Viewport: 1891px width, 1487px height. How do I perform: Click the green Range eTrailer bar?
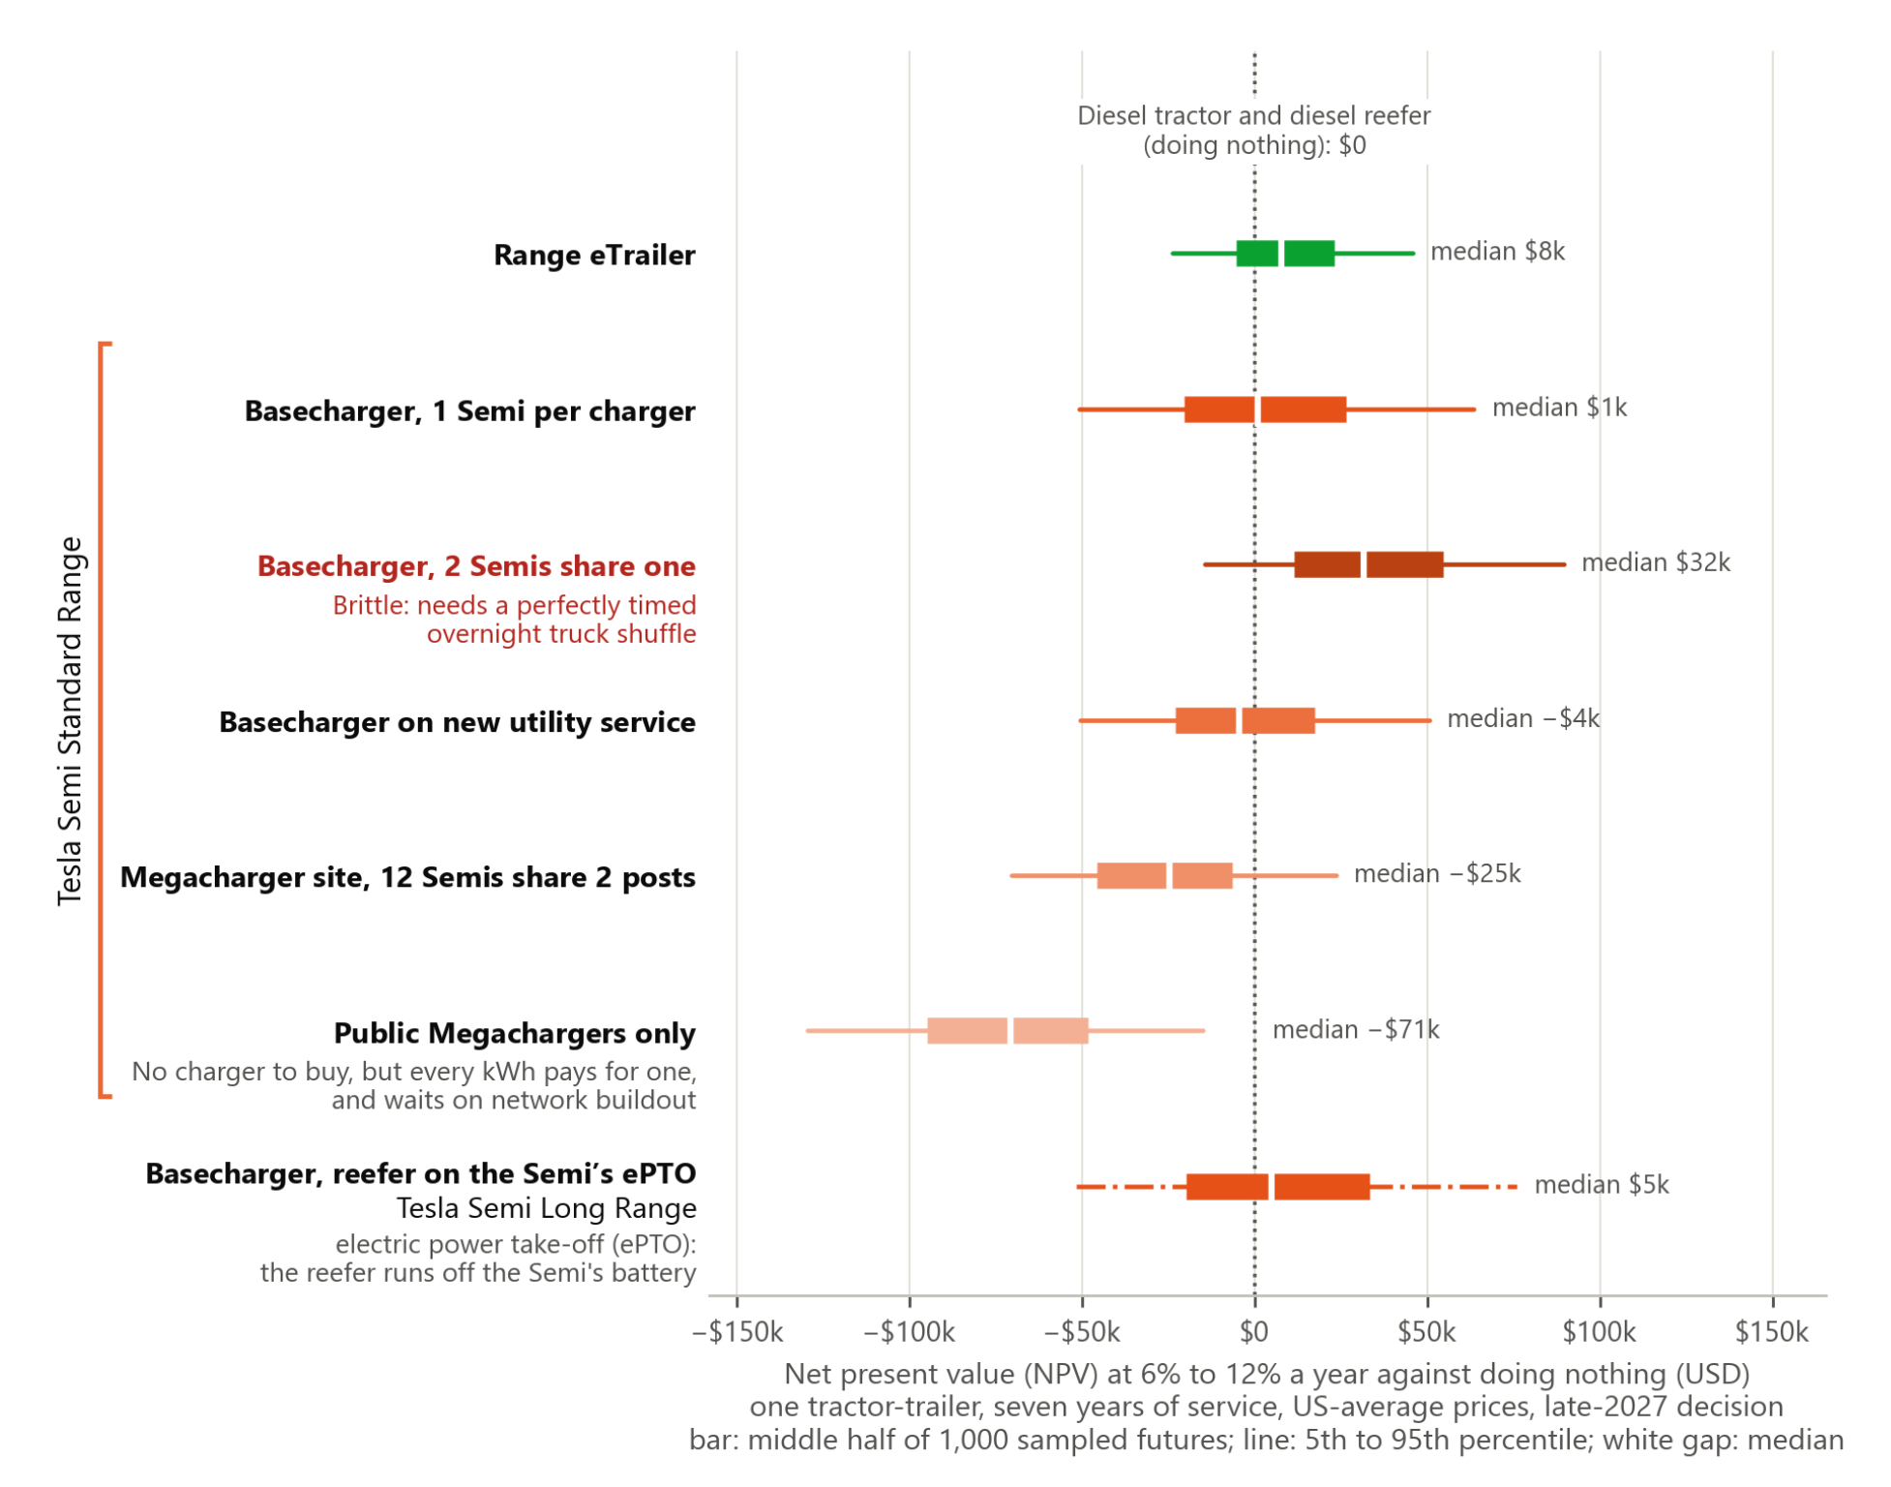1285,254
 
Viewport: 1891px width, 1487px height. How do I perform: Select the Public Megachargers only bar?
1007,1031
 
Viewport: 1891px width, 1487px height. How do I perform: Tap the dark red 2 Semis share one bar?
1368,564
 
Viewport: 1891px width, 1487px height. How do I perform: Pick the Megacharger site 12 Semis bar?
1164,875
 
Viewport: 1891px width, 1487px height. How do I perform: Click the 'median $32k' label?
1656,562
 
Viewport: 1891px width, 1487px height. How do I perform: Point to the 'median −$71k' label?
1356,1029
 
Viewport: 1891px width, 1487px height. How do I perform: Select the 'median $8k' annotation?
1498,252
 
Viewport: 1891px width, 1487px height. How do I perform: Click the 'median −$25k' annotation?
1437,873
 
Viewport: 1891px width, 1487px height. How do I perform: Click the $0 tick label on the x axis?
1254,1333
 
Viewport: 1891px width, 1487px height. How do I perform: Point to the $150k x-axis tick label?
1772,1333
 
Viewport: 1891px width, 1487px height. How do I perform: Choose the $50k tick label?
1426,1333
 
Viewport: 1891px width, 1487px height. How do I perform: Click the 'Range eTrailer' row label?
594,256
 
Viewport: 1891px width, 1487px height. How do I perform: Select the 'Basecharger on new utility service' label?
457,722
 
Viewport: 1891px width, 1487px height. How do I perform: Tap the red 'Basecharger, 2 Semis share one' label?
476,566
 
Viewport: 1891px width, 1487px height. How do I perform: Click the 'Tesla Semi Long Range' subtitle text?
546,1208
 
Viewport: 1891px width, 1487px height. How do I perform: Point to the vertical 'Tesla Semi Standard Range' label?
70,721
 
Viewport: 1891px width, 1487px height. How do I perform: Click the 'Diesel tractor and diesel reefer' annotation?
1253,116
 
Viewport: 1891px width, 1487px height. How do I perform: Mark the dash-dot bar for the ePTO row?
1297,1187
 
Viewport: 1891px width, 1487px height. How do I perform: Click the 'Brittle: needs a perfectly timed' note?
514,606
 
